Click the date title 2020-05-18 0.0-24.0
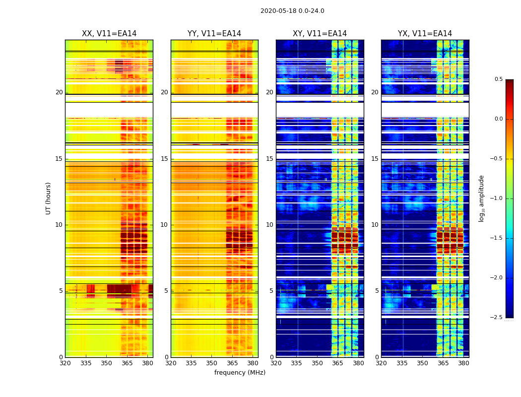point(292,11)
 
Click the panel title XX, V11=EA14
point(109,34)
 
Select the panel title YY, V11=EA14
point(214,34)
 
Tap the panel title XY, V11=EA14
point(320,34)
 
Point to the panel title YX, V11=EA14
point(425,34)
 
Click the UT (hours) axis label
point(49,198)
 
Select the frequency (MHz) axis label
point(240,373)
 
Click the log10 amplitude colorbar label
point(481,198)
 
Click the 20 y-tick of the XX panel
point(60,92)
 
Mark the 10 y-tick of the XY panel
point(270,225)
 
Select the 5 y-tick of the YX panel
point(377,291)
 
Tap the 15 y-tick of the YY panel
point(165,159)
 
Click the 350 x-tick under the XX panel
point(106,363)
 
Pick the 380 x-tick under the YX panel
point(463,363)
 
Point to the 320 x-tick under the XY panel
point(276,363)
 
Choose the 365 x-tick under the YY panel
point(232,363)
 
